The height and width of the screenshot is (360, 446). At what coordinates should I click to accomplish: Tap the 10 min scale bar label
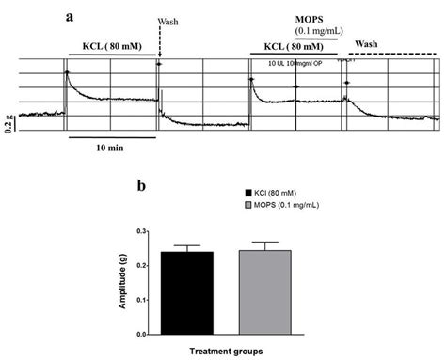tap(96, 149)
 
